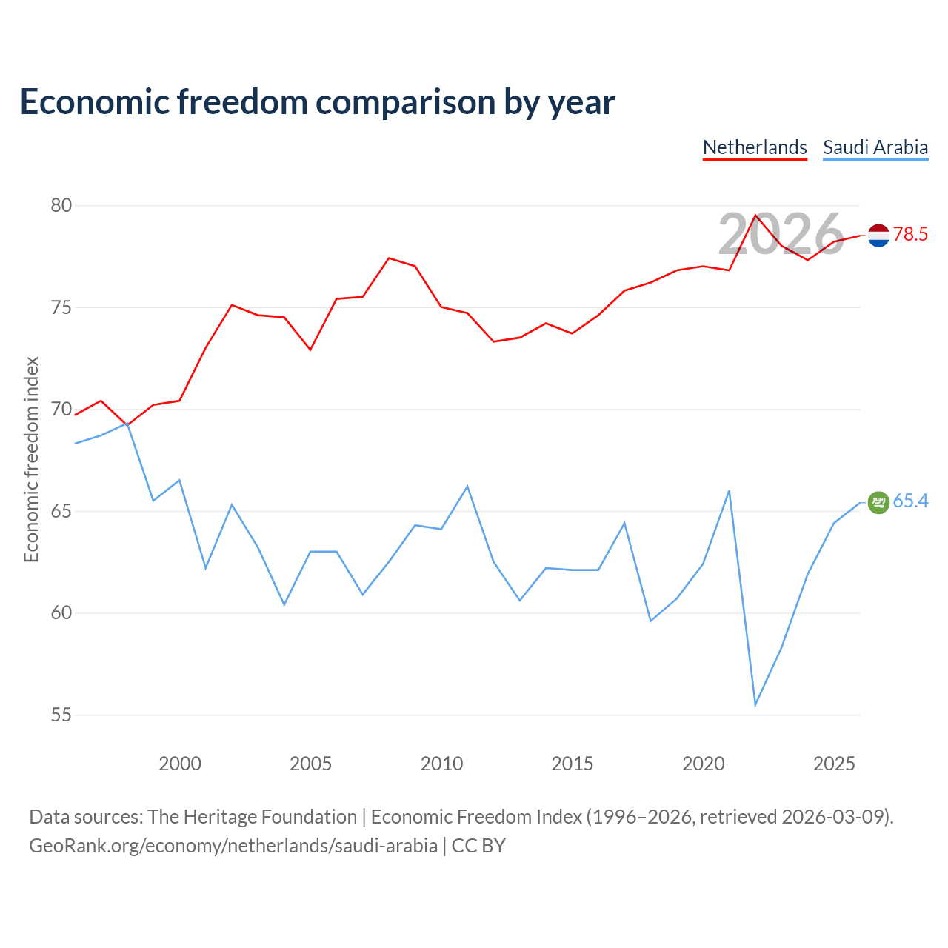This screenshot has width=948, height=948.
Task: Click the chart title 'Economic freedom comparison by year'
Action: coord(317,101)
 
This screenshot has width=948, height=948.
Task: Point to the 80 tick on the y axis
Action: coord(61,205)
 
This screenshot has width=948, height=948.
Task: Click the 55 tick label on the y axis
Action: coord(61,715)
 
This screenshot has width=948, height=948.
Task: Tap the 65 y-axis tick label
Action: coord(61,511)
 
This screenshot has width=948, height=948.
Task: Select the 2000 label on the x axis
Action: coord(179,764)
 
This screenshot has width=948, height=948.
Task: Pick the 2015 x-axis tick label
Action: coord(573,764)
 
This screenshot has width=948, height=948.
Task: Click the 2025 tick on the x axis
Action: coord(834,764)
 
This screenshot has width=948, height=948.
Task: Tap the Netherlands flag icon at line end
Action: coord(878,236)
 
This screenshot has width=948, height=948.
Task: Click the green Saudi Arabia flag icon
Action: coord(878,502)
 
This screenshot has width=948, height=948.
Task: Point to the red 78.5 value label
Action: coord(910,234)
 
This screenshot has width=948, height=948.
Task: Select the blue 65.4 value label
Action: coord(910,501)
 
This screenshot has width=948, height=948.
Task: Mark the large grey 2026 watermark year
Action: coord(781,234)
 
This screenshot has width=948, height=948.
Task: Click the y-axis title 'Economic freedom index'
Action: coord(31,459)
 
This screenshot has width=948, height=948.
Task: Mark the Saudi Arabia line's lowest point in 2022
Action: coord(755,705)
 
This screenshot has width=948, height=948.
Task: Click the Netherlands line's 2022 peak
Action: coord(755,215)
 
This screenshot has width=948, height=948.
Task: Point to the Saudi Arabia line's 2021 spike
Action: coord(729,491)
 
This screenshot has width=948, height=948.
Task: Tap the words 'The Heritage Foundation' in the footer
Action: coord(252,817)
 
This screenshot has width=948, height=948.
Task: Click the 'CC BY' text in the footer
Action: coord(478,846)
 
